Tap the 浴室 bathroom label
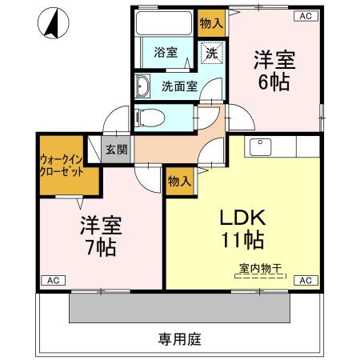click(x=166, y=54)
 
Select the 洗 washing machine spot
click(x=212, y=54)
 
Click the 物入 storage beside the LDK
click(x=179, y=181)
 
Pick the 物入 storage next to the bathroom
click(x=211, y=22)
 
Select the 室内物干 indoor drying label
click(x=258, y=269)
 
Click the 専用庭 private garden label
click(x=179, y=338)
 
